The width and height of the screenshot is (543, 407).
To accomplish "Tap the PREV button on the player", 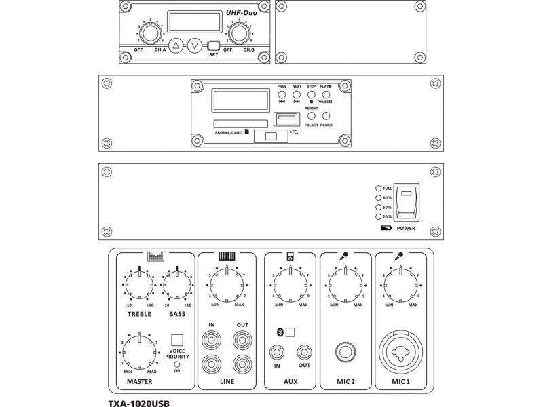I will tap(282, 94).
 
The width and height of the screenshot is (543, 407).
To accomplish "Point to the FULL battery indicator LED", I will tap(378, 188).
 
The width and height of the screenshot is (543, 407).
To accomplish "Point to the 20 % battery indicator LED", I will tap(378, 216).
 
